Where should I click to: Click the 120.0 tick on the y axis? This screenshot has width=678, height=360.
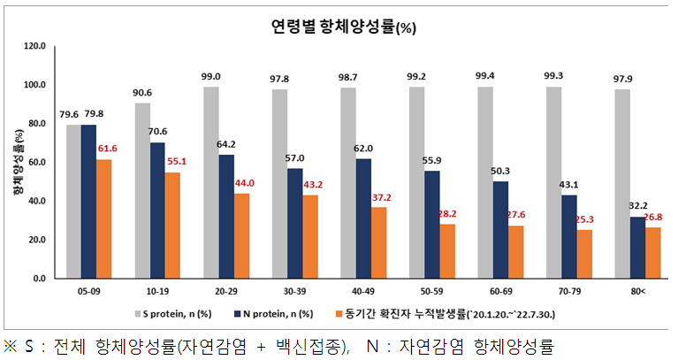coord(35,47)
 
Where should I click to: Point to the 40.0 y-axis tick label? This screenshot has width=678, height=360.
coord(35,202)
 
